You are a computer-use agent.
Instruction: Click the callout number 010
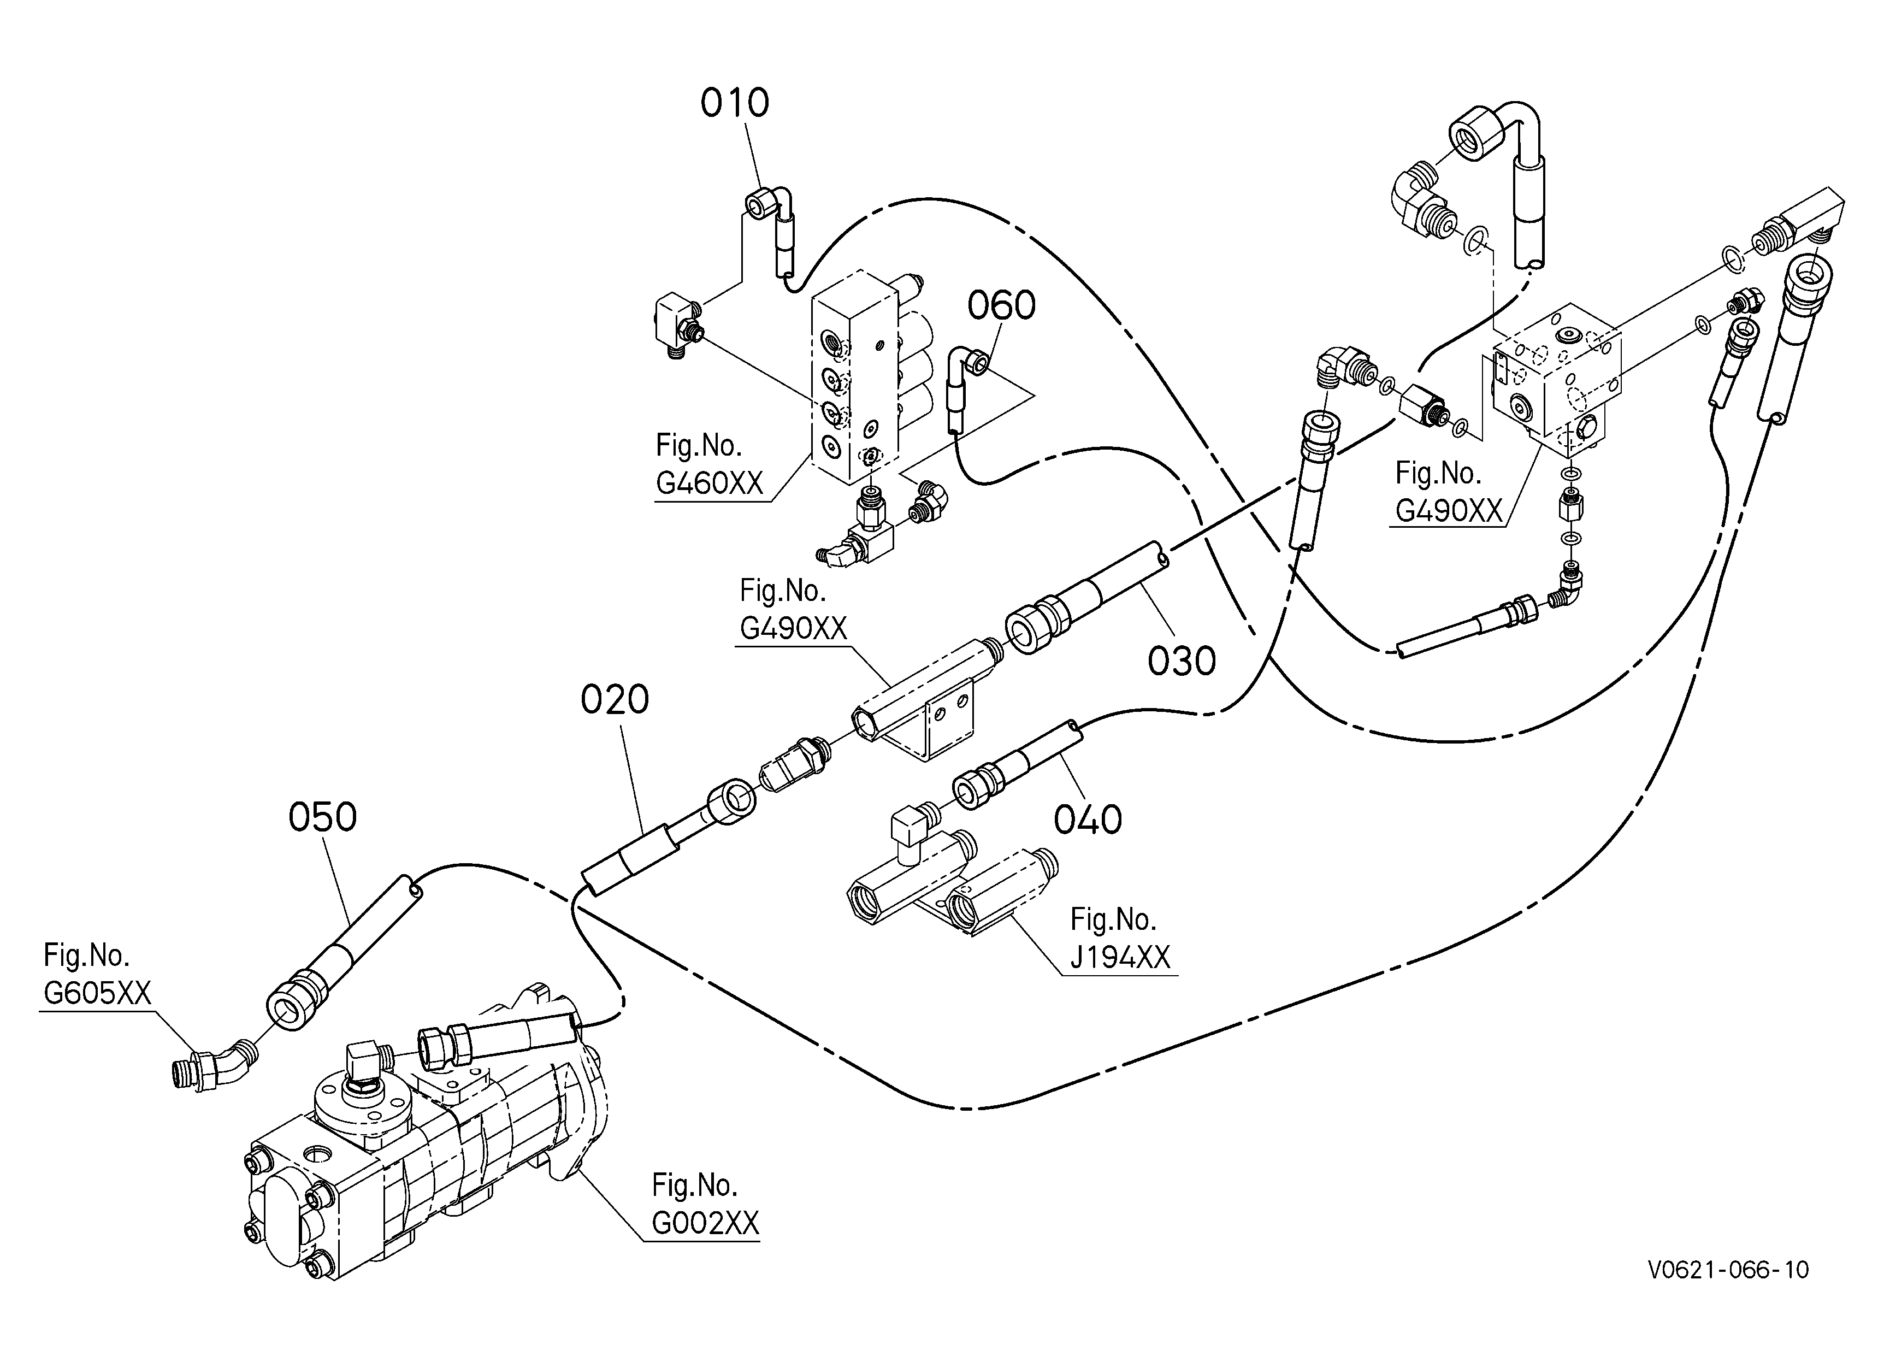[734, 103]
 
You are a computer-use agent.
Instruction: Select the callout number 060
[1001, 305]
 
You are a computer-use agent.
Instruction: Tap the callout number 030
[1181, 661]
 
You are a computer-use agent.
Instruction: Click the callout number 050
[322, 817]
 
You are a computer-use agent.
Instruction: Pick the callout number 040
[1088, 820]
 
